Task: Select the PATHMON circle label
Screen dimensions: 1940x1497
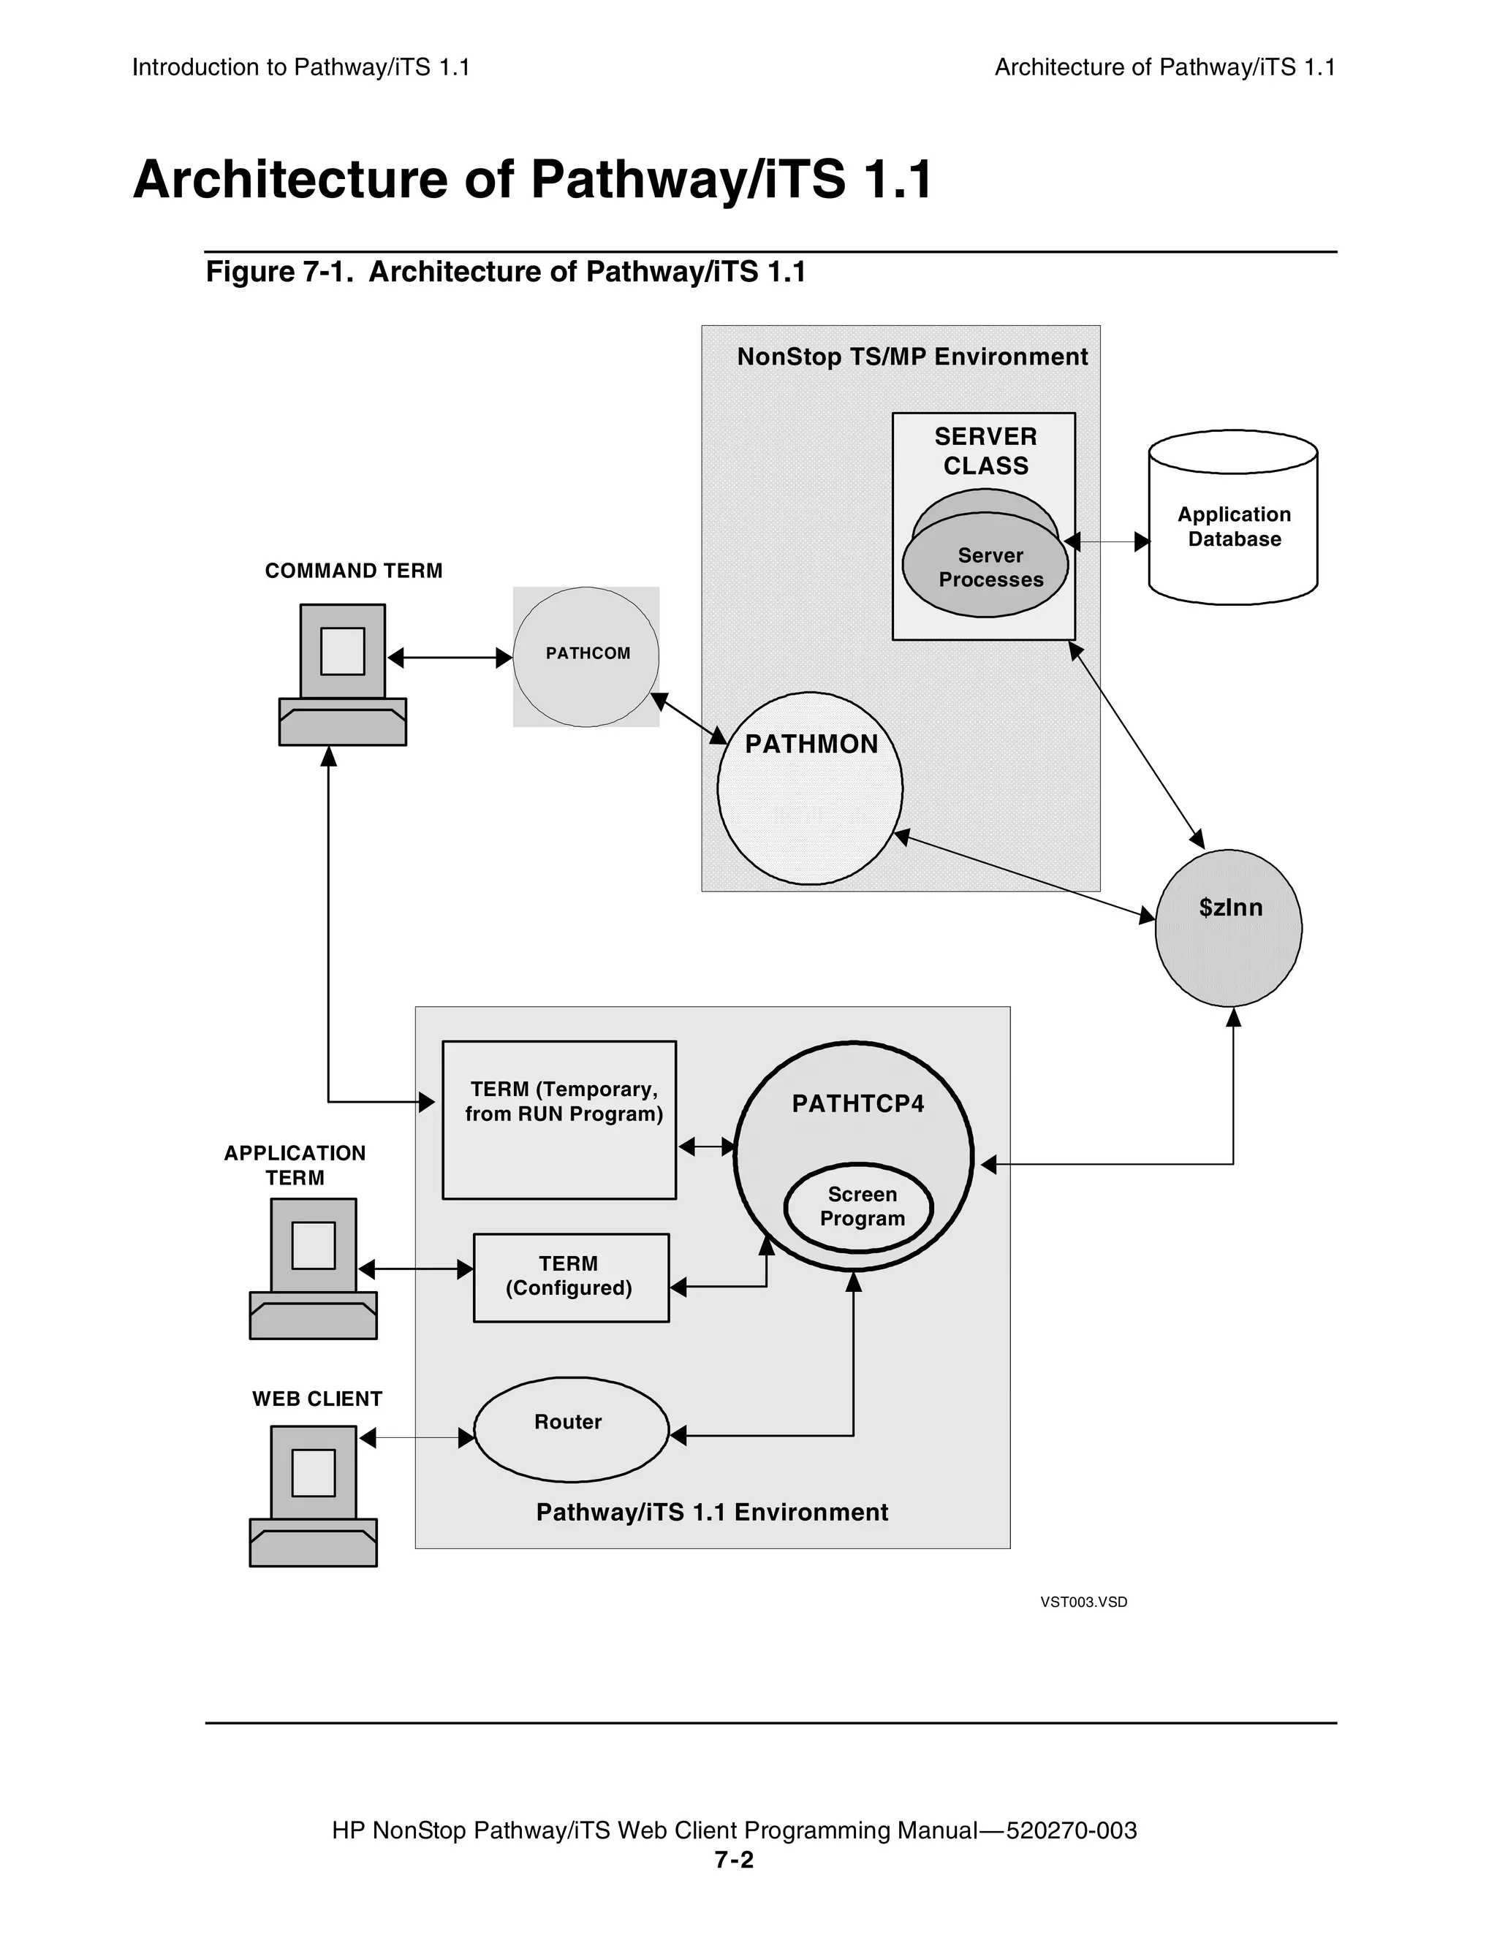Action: pyautogui.click(x=811, y=744)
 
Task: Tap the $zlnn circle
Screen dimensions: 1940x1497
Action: pyautogui.click(x=1229, y=927)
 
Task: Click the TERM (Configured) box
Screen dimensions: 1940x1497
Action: pyautogui.click(x=570, y=1277)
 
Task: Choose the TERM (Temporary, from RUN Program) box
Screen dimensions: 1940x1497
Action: pyautogui.click(x=559, y=1119)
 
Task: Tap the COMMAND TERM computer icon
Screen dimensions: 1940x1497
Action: pyautogui.click(x=342, y=674)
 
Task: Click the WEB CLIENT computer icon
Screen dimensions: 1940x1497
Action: pyautogui.click(x=313, y=1496)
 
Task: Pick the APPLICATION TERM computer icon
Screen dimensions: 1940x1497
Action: pyautogui.click(x=313, y=1268)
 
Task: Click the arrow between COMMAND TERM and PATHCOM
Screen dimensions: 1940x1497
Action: pyautogui.click(x=450, y=658)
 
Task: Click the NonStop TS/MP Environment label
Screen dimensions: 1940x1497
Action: pyautogui.click(x=912, y=357)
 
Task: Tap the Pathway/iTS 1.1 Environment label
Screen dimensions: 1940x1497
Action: pyautogui.click(x=712, y=1512)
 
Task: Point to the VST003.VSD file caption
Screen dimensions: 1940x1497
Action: pyautogui.click(x=1083, y=1602)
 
